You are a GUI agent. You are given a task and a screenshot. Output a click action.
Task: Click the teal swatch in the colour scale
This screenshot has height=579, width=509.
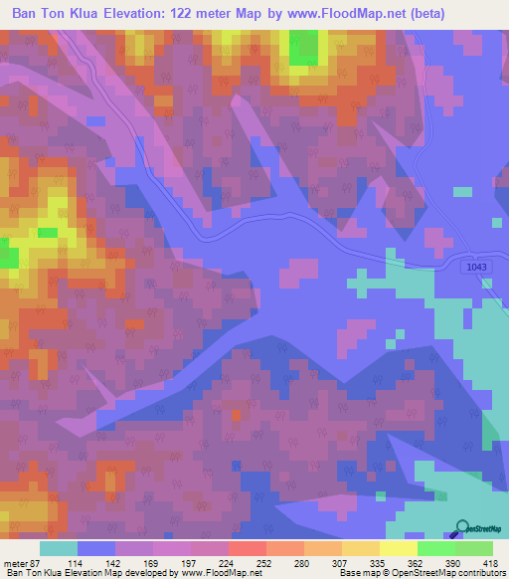(59, 548)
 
